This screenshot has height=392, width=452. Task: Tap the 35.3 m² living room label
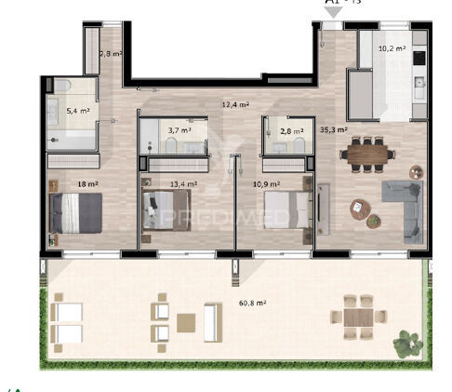point(333,130)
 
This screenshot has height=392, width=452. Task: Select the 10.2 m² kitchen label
point(391,48)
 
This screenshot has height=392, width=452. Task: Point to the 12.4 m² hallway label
point(235,104)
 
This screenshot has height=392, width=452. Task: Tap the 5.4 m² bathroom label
point(78,111)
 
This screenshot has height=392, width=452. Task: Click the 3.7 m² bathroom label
point(179,130)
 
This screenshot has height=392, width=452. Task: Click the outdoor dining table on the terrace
point(358,317)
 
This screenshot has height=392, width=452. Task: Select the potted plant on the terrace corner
point(405,343)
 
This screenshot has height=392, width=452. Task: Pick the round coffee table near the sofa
point(360,210)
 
